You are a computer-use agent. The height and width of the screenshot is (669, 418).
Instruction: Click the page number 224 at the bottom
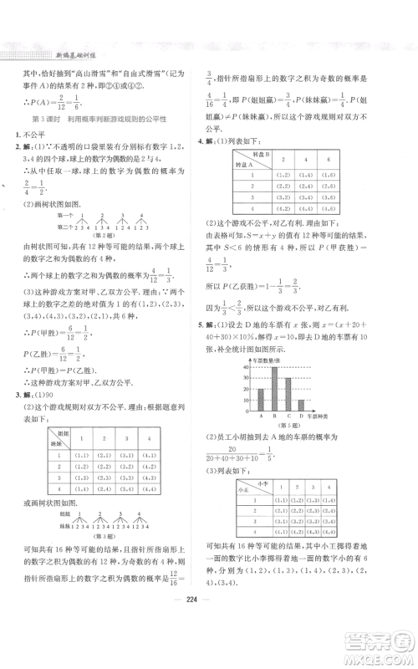coord(209,634)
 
